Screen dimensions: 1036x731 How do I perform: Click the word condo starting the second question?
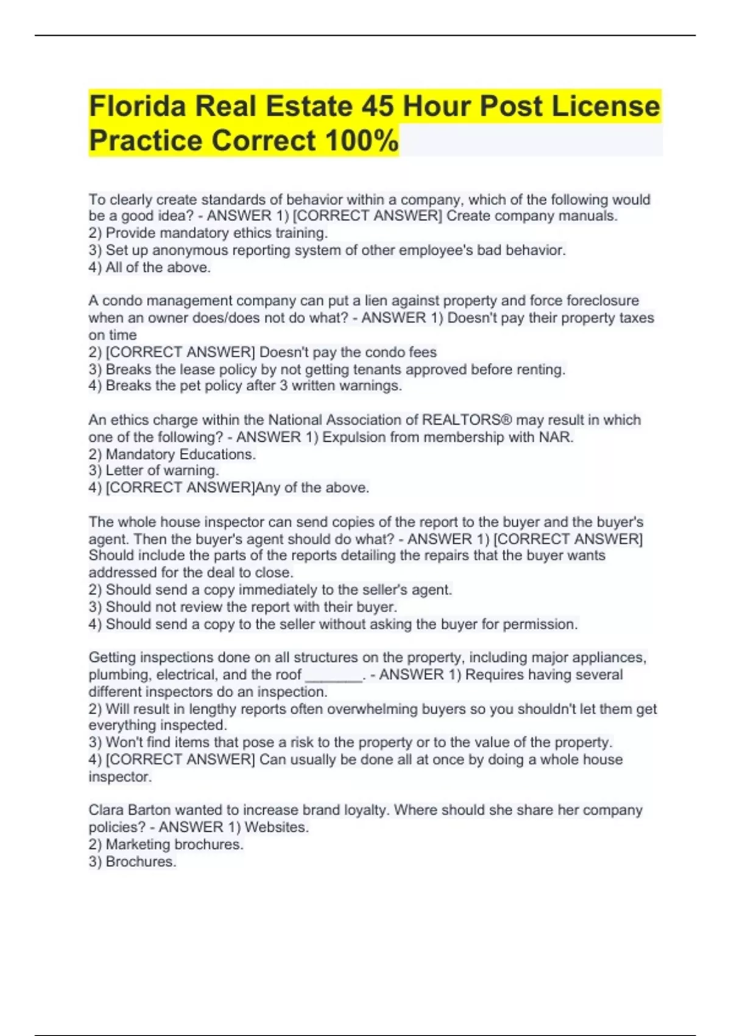click(x=121, y=300)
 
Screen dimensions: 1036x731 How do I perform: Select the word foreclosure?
click(x=602, y=300)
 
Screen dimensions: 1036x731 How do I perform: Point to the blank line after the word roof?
click(x=333, y=676)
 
